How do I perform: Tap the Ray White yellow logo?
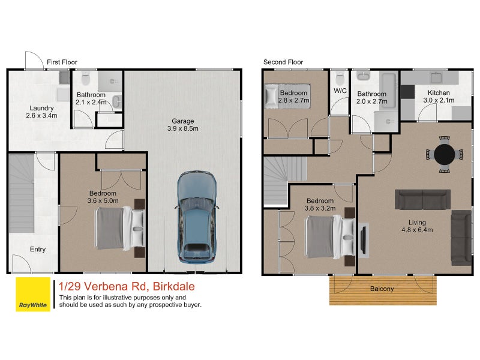(33, 295)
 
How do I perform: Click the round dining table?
(444, 154)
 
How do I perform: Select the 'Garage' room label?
(182, 121)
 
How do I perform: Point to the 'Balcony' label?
(382, 289)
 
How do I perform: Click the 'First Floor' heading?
(62, 62)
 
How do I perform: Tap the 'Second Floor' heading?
(283, 62)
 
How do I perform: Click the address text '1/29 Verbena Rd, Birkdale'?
(127, 286)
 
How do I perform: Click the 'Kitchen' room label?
(438, 93)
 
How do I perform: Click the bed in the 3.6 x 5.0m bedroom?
(119, 229)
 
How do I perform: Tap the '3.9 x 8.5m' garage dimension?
(182, 129)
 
